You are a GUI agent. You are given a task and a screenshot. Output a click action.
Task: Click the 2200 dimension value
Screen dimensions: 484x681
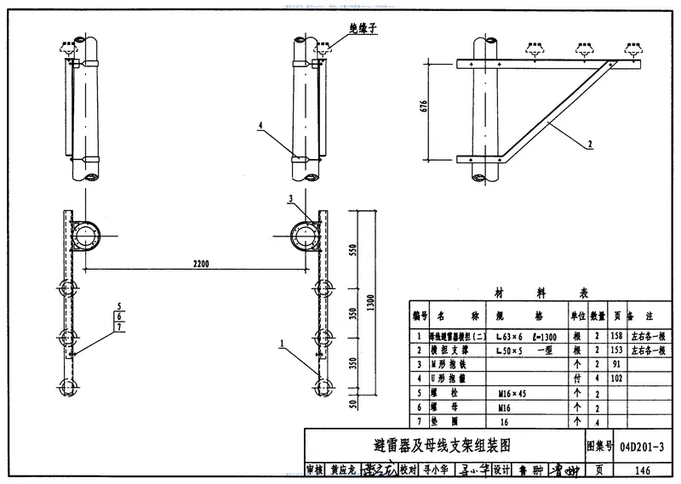pos(200,265)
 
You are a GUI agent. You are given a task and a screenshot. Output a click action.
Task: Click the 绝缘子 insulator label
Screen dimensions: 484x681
pos(364,28)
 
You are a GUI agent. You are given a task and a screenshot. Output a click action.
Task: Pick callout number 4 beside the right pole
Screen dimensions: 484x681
pos(261,126)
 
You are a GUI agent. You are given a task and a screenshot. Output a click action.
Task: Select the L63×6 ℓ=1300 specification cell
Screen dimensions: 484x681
pos(527,335)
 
